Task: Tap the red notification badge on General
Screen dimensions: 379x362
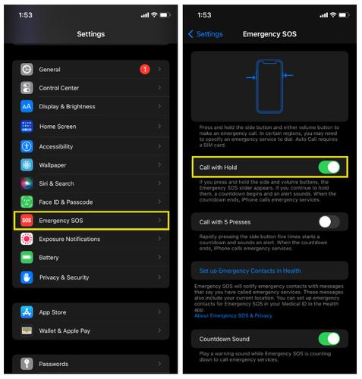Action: [144, 70]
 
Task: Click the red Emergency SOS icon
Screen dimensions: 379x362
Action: [27, 221]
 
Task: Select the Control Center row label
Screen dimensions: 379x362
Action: [60, 88]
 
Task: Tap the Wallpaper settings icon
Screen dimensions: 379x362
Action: [27, 165]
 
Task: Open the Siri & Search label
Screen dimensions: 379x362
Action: [57, 183]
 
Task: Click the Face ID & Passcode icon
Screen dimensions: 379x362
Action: [27, 202]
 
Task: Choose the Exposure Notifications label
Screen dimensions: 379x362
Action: [70, 239]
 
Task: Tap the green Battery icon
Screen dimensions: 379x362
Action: [27, 258]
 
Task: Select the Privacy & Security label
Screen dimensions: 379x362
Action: [65, 277]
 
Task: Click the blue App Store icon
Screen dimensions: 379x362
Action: [27, 312]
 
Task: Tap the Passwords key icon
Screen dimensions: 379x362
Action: [27, 364]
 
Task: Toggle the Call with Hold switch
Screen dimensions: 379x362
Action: [328, 168]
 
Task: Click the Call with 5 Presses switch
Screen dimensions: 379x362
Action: [328, 222]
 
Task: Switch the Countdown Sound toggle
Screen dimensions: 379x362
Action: [328, 339]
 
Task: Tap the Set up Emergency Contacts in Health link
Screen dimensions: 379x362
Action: [250, 271]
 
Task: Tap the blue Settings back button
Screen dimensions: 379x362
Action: [205, 34]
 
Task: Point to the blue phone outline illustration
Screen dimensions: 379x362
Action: [269, 86]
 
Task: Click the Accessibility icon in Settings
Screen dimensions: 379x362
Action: [27, 146]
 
